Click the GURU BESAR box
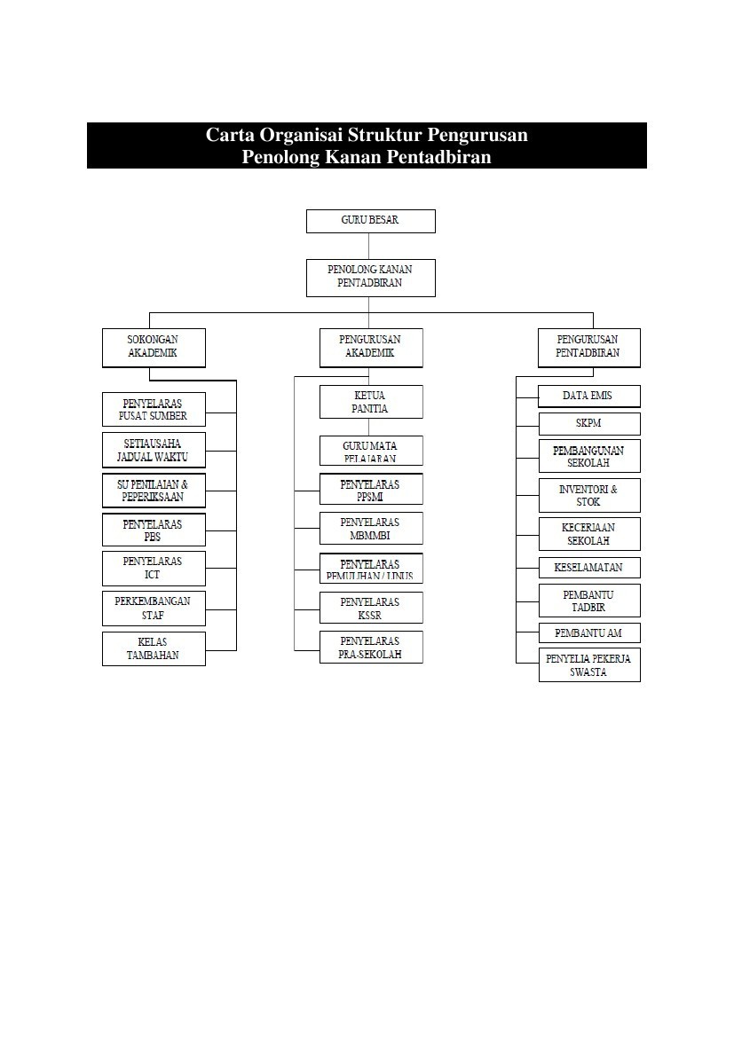coord(371,221)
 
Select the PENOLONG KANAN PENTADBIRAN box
coord(371,277)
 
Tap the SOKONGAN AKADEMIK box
coord(154,347)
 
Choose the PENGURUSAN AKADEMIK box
coord(371,347)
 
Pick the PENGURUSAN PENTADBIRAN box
coord(588,347)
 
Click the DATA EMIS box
coord(588,396)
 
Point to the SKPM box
coord(588,423)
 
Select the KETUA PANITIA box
coord(371,402)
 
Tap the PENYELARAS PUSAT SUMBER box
coord(154,409)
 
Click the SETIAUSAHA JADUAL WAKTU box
coord(154,450)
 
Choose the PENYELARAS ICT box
coord(154,568)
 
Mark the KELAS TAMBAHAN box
coord(154,648)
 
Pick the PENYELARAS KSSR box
coord(371,608)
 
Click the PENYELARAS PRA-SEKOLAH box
coord(371,647)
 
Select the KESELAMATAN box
coord(588,568)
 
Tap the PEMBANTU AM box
coord(588,632)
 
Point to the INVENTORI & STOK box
coord(588,495)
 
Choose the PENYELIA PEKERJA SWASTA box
coord(588,665)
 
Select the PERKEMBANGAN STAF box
coord(154,608)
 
